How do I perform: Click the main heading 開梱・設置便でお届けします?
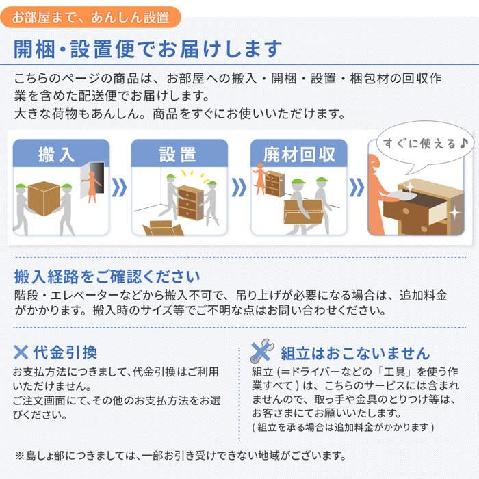148,50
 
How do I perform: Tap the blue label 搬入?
57,153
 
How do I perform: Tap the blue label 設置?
178,153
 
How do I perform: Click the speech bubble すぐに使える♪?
418,144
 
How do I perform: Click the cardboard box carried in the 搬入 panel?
44,198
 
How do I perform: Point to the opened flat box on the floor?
162,228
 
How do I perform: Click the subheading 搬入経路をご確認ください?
107,277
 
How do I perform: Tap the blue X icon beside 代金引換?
22,352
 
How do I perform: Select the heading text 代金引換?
65,352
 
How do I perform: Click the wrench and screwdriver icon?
262,352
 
